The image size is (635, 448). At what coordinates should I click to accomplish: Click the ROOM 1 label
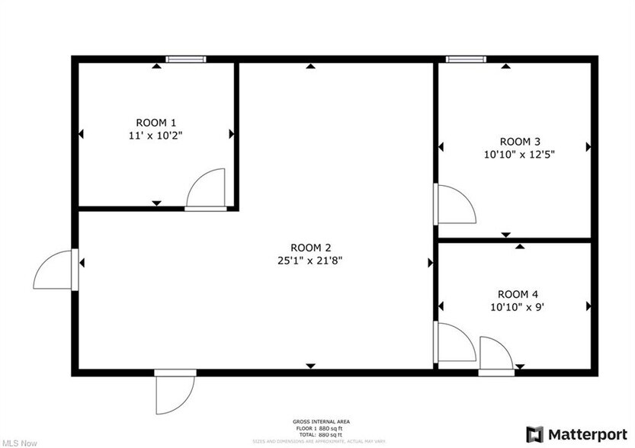coord(156,123)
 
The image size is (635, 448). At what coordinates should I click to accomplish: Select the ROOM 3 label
coord(520,141)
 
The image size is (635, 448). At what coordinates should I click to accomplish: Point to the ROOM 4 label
coord(518,294)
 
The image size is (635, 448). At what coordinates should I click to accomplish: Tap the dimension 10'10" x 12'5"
coord(520,154)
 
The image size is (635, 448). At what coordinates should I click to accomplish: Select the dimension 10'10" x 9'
coord(518,307)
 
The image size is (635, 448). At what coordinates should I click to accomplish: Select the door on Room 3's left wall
coord(454,203)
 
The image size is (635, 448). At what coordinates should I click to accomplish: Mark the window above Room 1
coord(186,59)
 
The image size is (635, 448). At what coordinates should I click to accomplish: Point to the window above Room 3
coord(466,59)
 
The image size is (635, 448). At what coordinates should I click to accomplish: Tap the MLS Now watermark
coord(18,441)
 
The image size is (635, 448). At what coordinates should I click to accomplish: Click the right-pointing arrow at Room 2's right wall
coord(430,262)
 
